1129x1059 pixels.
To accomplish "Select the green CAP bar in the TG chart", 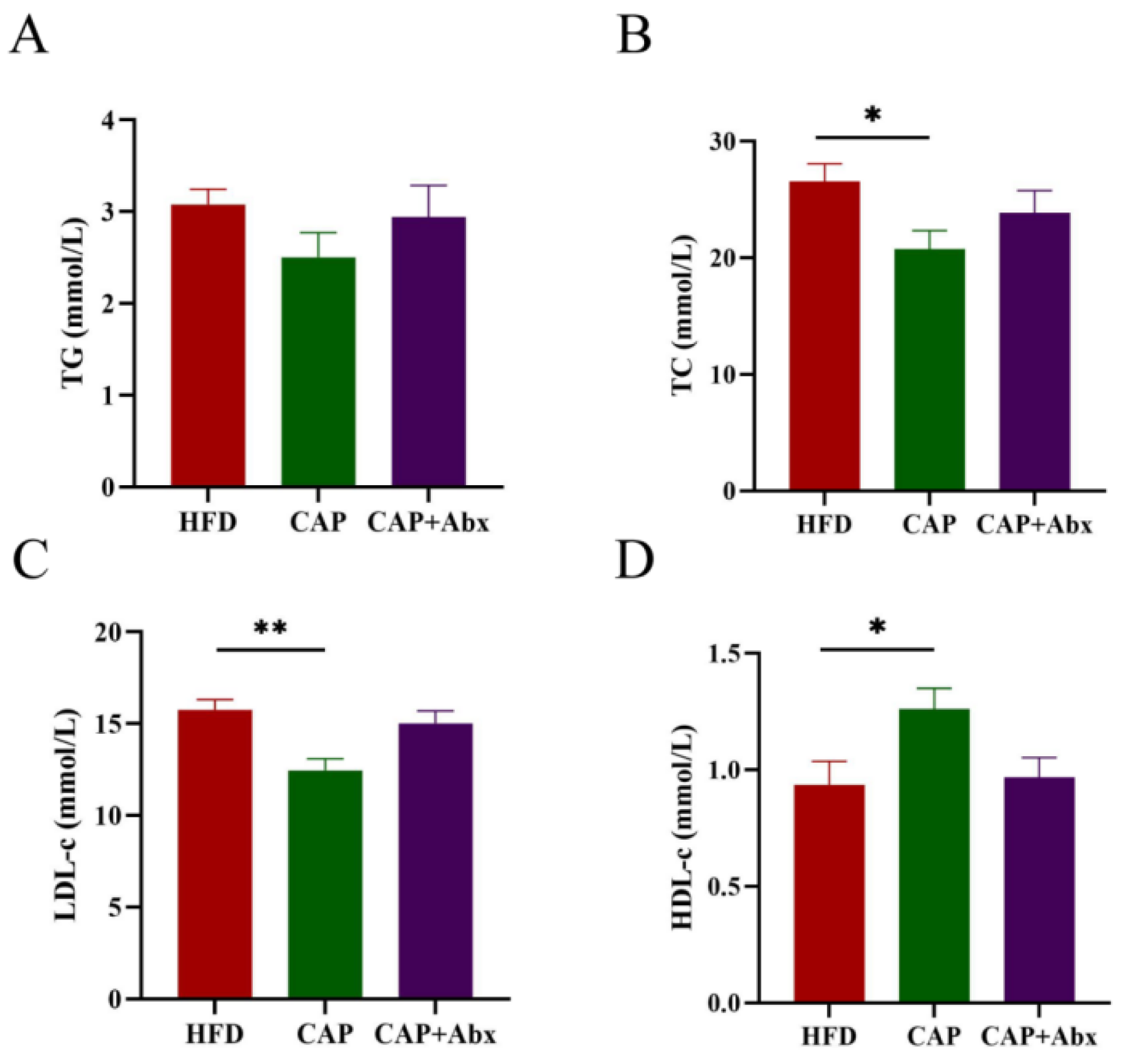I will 318,372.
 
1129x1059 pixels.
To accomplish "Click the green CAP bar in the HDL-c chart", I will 934,855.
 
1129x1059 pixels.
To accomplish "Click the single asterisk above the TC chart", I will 873,115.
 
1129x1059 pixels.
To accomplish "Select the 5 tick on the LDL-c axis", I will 116,907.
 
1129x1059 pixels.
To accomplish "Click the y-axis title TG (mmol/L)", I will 73,303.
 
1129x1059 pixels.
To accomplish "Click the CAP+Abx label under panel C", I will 435,1034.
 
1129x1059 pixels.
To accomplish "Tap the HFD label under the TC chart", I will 824,523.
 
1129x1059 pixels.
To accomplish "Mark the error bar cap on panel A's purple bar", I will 428,186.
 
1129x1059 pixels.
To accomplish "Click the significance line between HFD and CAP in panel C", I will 270,650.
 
